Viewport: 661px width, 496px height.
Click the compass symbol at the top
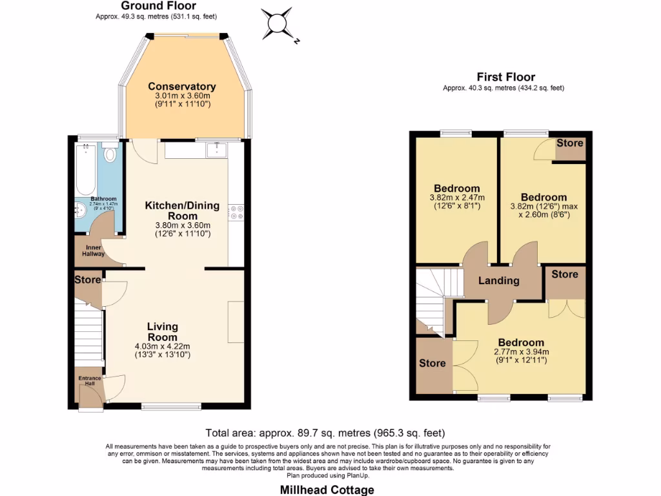(278, 24)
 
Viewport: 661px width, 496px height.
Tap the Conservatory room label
(181, 87)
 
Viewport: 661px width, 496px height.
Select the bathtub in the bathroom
(85, 170)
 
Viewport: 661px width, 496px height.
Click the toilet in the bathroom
(109, 154)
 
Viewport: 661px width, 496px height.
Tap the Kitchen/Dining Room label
(182, 211)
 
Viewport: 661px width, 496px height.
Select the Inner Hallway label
(93, 250)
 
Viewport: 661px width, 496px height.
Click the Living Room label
(162, 331)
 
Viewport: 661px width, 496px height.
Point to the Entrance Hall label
(89, 380)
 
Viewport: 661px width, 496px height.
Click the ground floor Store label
(87, 280)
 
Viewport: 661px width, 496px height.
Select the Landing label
(498, 280)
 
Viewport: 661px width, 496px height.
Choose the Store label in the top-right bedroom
(569, 143)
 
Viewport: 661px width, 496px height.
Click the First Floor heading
(505, 77)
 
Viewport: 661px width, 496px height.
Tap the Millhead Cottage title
(327, 490)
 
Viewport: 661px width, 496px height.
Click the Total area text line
(325, 433)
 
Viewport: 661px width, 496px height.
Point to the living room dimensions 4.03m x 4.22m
(162, 350)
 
